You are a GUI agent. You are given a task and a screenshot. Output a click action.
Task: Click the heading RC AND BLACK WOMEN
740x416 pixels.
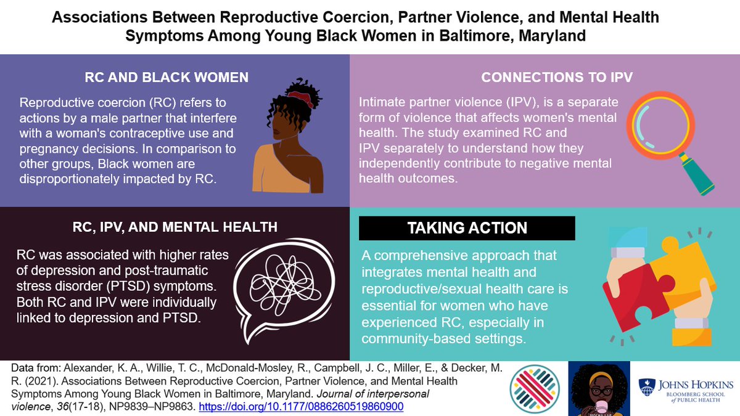[x=166, y=78]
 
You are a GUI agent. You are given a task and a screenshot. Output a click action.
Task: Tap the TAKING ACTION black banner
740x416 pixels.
[x=467, y=228]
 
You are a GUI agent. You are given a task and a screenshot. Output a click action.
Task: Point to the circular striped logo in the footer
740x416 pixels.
[x=535, y=388]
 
